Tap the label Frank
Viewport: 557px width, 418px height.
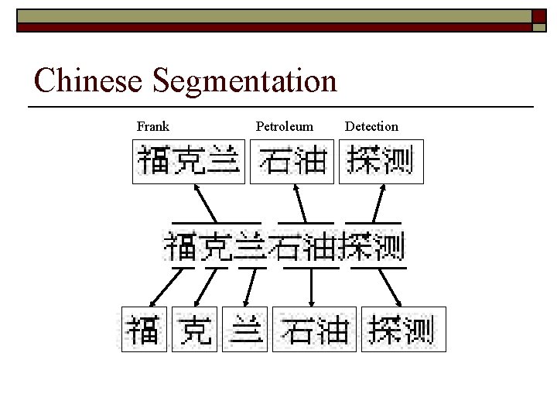click(153, 126)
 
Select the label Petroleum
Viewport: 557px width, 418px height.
click(285, 126)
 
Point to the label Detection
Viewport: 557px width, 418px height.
click(371, 126)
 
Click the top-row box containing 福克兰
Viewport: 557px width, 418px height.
click(189, 162)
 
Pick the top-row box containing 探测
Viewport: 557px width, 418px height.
click(381, 162)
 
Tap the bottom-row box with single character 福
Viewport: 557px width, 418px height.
click(144, 329)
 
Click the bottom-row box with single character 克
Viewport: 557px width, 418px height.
click(194, 329)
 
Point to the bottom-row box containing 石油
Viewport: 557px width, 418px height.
click(313, 329)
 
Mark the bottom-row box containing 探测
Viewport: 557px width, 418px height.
click(402, 329)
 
